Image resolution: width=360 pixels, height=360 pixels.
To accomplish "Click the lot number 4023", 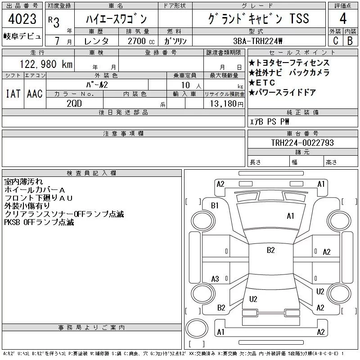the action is [22, 18].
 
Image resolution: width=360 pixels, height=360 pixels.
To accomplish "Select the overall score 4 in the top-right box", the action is [343, 18].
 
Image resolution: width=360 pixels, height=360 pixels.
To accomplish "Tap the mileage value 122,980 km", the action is [46, 64].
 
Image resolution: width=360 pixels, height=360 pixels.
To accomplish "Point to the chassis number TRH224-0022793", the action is [302, 143].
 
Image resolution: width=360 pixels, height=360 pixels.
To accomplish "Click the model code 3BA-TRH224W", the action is [257, 41].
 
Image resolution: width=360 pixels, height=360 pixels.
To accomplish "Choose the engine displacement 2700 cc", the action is [141, 41].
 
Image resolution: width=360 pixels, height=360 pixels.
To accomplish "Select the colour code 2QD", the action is [74, 103].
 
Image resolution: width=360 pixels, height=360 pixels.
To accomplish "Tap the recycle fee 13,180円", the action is [226, 104].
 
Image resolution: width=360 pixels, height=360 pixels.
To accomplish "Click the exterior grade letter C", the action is [336, 40].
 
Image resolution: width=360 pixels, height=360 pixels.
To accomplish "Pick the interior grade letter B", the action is [350, 40].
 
